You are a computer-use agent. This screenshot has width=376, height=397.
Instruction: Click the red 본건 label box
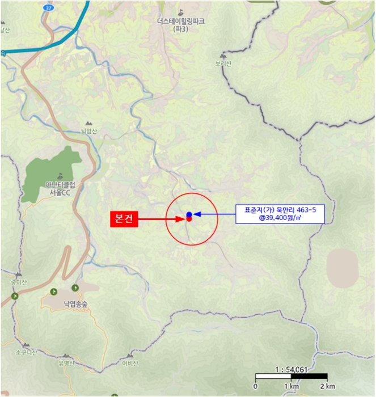point(124,219)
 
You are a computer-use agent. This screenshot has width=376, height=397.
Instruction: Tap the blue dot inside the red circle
point(189,214)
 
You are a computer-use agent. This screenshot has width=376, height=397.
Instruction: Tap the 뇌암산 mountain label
point(89,131)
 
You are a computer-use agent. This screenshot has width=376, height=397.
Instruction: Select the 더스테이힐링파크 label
point(181,21)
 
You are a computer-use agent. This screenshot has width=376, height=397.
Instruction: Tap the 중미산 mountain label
point(10,282)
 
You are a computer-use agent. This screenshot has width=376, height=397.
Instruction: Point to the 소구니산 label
point(26,352)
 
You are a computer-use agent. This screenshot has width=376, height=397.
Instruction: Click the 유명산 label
point(66,364)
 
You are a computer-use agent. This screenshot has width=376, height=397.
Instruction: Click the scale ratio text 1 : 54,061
point(290,369)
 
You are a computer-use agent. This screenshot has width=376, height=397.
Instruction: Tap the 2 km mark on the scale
point(327,386)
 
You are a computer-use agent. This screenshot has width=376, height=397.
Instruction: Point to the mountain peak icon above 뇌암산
point(87,123)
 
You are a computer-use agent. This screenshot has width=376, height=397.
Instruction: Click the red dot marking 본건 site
point(189,219)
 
